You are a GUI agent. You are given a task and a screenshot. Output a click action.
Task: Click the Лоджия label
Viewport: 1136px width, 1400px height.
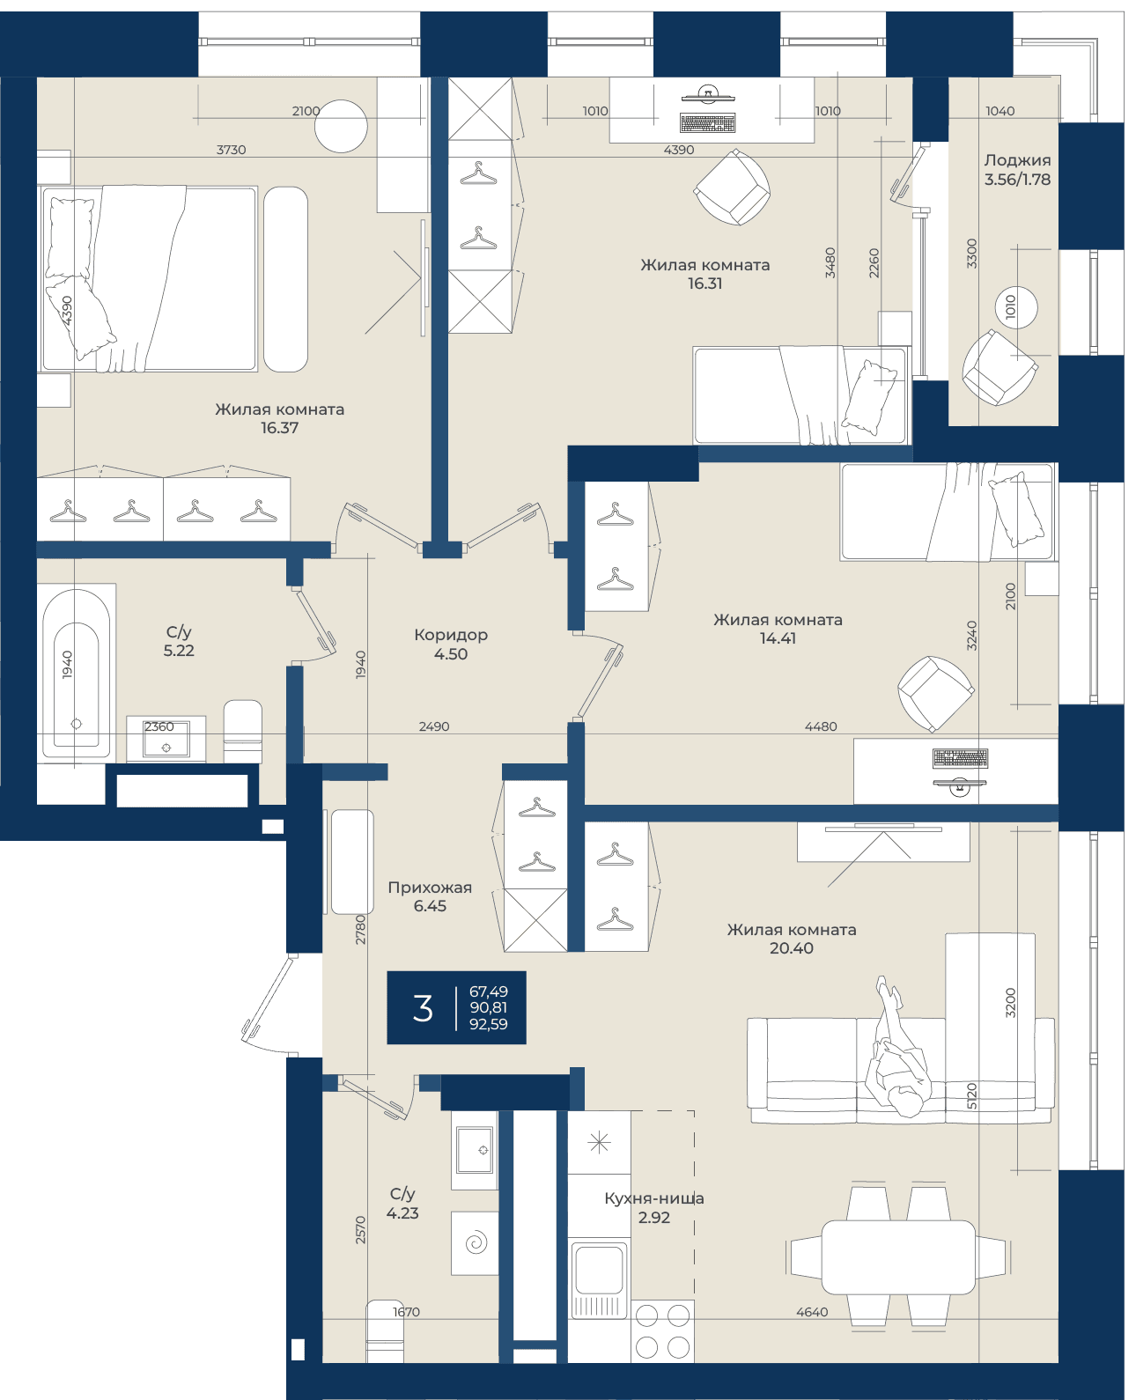tap(1017, 159)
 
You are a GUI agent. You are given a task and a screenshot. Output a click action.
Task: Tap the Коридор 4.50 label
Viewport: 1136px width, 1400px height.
tap(451, 645)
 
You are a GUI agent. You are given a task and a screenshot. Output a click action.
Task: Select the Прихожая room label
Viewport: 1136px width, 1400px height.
tap(430, 888)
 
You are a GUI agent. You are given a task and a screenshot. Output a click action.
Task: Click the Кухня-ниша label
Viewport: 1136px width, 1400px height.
tap(654, 1198)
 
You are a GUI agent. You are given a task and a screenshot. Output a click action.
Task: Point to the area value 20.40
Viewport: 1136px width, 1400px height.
tap(792, 947)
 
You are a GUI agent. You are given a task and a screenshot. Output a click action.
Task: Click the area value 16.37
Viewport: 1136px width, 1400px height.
tap(279, 427)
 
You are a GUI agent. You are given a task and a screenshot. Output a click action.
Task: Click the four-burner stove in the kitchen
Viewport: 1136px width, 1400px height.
tap(662, 1331)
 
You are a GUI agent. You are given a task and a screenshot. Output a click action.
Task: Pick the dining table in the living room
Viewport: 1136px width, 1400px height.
tap(899, 1256)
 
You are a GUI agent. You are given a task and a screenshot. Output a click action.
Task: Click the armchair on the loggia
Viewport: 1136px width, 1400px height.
tap(999, 367)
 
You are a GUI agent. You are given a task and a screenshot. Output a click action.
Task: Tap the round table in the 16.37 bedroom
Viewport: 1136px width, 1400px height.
tap(341, 126)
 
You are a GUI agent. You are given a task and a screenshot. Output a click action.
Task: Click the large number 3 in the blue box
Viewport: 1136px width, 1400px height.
tap(423, 1007)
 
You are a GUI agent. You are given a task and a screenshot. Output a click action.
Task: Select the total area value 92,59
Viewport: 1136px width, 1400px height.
tap(489, 1023)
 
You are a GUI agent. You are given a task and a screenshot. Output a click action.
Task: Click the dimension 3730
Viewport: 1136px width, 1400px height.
tap(232, 150)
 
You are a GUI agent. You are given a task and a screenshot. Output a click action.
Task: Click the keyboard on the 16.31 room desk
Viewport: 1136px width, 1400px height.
tap(707, 123)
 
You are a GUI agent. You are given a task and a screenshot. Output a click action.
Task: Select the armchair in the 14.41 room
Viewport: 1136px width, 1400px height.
tap(935, 694)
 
